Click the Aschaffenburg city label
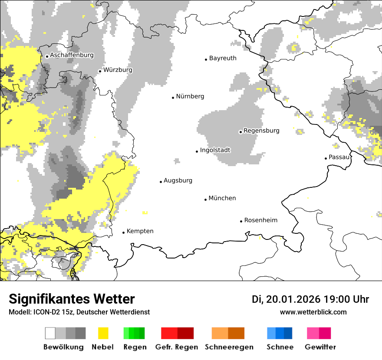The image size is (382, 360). click(x=72, y=55)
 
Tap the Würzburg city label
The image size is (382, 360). click(x=118, y=70)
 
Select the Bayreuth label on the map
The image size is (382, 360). click(x=223, y=58)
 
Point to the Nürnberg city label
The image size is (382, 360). click(x=190, y=96)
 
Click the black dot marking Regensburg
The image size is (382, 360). click(x=240, y=131)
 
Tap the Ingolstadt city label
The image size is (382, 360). click(x=215, y=150)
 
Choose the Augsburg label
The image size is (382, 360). click(x=178, y=180)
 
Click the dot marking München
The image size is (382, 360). click(x=206, y=200)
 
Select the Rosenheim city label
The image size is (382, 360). click(x=260, y=220)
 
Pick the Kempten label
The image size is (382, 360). click(x=140, y=231)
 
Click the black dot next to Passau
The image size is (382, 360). click(x=326, y=158)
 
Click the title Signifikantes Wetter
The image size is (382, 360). click(x=72, y=299)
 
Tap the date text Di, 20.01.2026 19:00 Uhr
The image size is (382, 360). click(x=310, y=299)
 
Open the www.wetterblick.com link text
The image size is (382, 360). click(x=313, y=312)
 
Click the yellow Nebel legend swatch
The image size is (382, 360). click(x=103, y=333)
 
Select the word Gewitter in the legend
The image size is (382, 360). click(x=320, y=347)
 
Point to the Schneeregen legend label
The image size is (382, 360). click(x=229, y=347)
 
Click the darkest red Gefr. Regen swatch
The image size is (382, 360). click(x=185, y=333)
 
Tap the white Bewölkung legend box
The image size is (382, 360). click(x=50, y=333)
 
